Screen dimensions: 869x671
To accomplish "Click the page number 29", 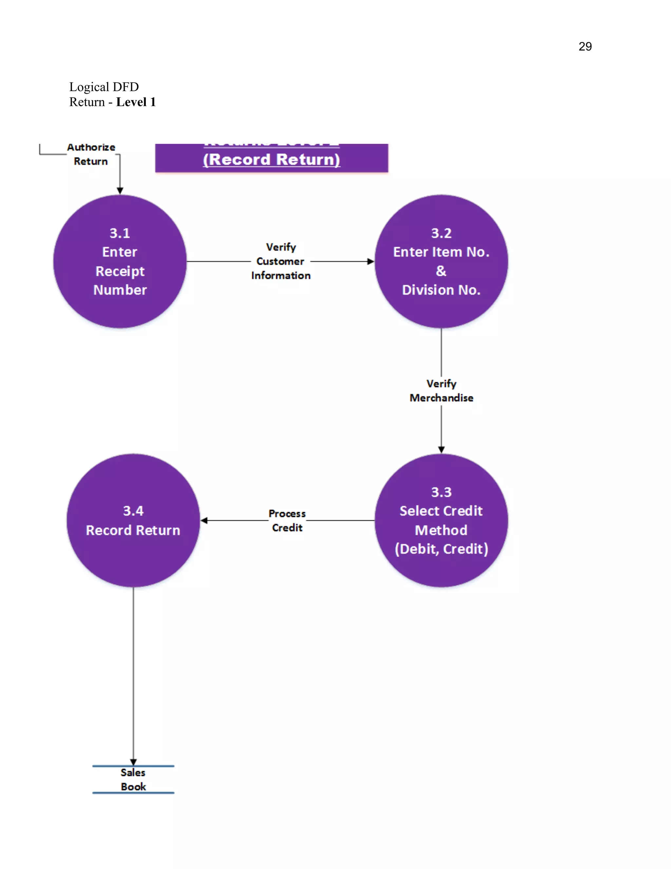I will (585, 47).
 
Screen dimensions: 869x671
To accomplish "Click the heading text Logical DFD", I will (104, 87).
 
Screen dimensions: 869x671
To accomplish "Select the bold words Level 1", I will (136, 102).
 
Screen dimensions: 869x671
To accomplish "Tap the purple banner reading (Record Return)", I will (272, 159).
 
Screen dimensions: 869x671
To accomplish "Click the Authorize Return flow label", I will (91, 154).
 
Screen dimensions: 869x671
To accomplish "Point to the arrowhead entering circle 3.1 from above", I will (120, 191).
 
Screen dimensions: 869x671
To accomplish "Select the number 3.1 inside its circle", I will (120, 233).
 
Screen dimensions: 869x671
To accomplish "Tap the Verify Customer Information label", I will (281, 261).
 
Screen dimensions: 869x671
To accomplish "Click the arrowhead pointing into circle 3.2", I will (371, 261).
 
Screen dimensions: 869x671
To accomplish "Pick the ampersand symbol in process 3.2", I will (441, 271).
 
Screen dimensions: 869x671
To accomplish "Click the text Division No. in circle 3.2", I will (441, 290).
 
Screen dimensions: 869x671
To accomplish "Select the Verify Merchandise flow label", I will (441, 391).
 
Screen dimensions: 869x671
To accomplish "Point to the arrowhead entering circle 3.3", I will (441, 450).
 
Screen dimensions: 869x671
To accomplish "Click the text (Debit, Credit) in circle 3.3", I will (441, 549).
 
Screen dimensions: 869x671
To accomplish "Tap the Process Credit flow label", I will (287, 520).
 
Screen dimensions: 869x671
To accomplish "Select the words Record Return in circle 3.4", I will (133, 530).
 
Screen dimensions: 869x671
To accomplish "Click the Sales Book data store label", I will (133, 779).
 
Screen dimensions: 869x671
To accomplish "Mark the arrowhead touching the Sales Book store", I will (133, 762).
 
